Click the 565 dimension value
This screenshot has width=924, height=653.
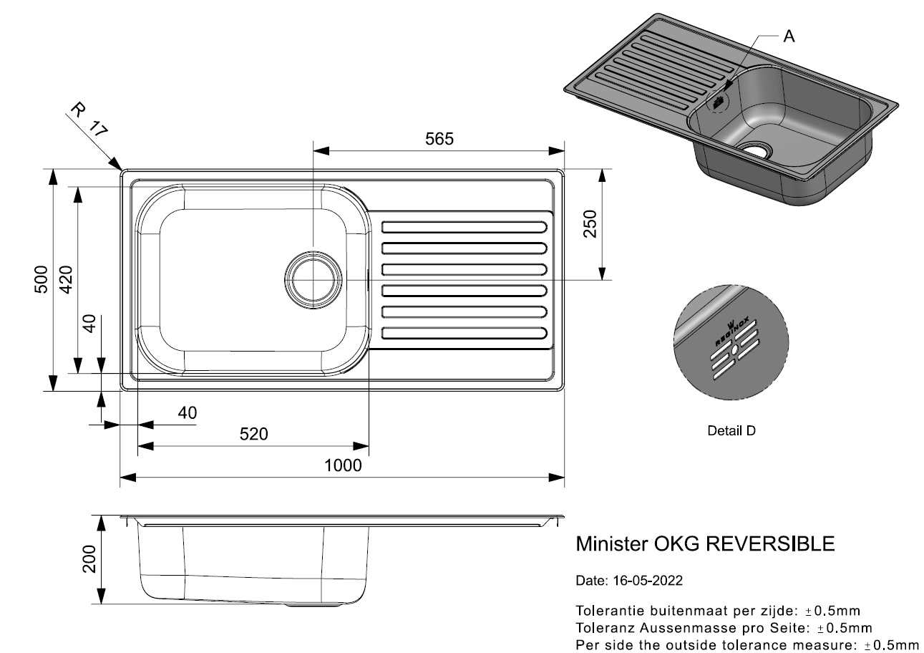tap(439, 139)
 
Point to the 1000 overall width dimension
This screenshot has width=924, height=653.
tap(343, 465)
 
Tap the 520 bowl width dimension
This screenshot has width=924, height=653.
tap(253, 434)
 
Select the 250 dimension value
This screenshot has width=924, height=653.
tap(590, 223)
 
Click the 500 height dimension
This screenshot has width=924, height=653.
tap(42, 279)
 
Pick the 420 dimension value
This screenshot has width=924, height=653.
tap(66, 279)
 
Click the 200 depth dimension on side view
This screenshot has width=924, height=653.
tap(89, 559)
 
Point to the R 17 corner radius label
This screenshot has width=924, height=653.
tap(89, 120)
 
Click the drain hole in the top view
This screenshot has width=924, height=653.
tap(313, 280)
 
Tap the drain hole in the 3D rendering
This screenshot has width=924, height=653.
tap(754, 150)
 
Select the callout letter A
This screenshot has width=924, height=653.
tap(789, 37)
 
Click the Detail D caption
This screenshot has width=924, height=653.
tap(731, 430)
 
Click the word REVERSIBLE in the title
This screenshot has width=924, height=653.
tap(770, 543)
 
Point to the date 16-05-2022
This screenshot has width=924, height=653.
tap(648, 581)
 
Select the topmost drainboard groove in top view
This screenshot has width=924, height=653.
tap(465, 227)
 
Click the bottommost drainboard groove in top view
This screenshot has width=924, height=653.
tap(465, 333)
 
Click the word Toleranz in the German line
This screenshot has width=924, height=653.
tap(606, 628)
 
